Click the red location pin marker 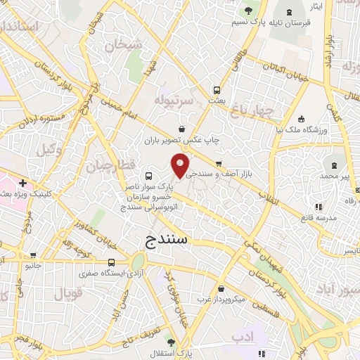[x=181, y=166]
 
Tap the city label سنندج [x=166, y=239]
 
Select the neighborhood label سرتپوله [x=174, y=98]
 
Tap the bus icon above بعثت [x=217, y=90]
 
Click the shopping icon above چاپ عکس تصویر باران [x=183, y=129]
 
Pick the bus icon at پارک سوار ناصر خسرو [x=148, y=176]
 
